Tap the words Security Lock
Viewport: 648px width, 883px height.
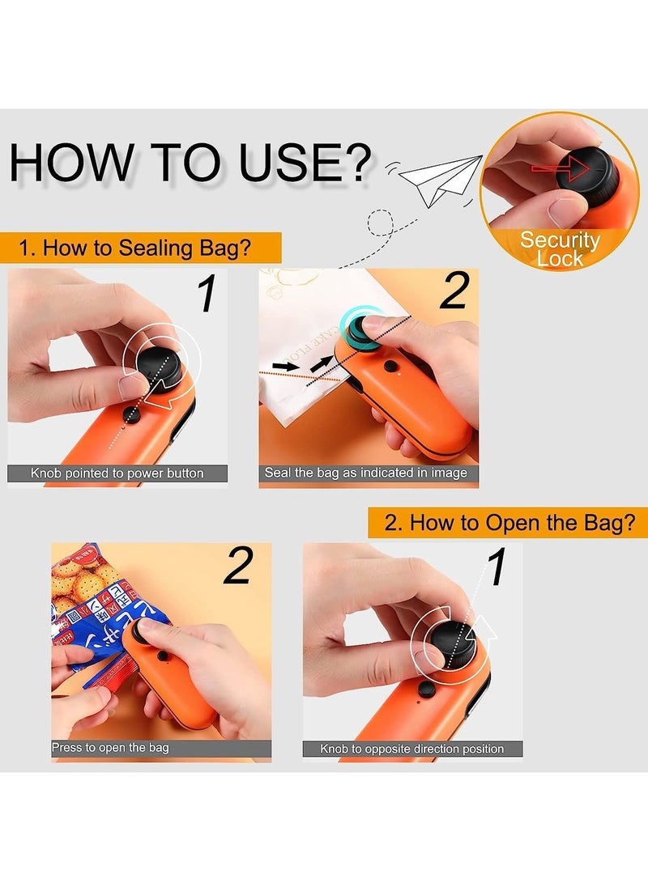pyautogui.click(x=560, y=249)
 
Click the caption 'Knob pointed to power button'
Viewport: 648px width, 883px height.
pyautogui.click(x=117, y=473)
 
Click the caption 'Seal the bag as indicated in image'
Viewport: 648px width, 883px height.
pyautogui.click(x=366, y=473)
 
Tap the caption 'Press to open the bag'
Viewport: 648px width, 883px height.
pyautogui.click(x=111, y=748)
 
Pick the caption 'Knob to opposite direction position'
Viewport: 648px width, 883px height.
pyautogui.click(x=412, y=749)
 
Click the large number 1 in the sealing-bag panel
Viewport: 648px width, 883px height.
pyautogui.click(x=208, y=295)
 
